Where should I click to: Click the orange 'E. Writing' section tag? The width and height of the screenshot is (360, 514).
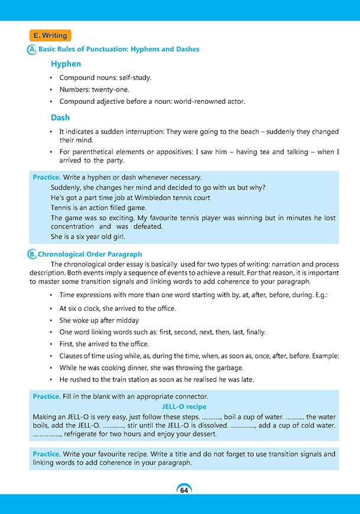coord(50,35)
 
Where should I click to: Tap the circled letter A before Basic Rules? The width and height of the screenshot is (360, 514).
coord(32,50)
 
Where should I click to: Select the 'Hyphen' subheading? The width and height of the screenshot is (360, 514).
coord(66,64)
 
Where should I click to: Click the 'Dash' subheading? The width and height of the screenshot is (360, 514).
coord(60,118)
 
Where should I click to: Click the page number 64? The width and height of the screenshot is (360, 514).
coord(184,490)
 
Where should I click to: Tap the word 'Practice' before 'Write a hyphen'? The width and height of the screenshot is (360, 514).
coord(46,177)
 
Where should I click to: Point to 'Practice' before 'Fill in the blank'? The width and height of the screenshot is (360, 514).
coord(46,396)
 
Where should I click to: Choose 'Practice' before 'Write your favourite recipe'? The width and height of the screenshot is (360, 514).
coord(46,454)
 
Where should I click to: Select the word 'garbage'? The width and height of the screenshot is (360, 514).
coord(237,367)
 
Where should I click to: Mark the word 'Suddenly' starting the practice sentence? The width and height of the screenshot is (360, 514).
coord(66,187)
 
